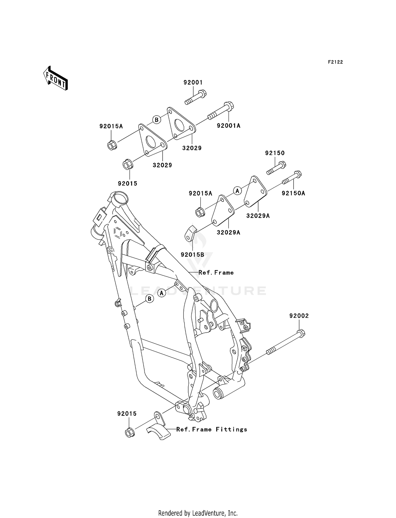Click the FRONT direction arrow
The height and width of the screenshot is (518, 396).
pyautogui.click(x=55, y=78)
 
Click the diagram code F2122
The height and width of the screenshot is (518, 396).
pyautogui.click(x=335, y=62)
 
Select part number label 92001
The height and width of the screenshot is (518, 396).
pyautogui.click(x=193, y=82)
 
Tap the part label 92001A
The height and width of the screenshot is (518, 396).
pyautogui.click(x=229, y=126)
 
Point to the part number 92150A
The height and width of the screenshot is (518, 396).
pyautogui.click(x=293, y=193)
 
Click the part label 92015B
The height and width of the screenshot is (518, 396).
pyautogui.click(x=192, y=255)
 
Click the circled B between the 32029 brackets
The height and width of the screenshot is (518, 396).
pyautogui.click(x=157, y=120)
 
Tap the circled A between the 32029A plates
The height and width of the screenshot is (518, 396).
pyautogui.click(x=237, y=191)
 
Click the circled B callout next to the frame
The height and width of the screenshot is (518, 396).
pyautogui.click(x=149, y=299)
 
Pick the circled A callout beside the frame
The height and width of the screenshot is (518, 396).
pyautogui.click(x=162, y=293)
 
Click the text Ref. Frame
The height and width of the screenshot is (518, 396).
pyautogui.click(x=216, y=272)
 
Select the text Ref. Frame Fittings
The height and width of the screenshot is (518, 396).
pyautogui.click(x=212, y=430)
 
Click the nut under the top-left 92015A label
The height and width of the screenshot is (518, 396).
pyautogui.click(x=112, y=145)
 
